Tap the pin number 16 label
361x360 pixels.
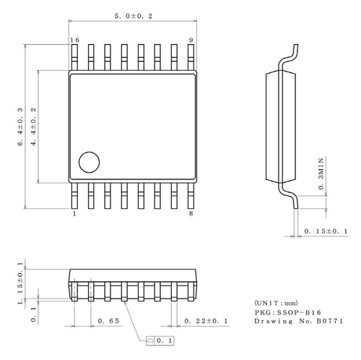click(x=74, y=40)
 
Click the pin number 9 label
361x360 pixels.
click(x=191, y=40)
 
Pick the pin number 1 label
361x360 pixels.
click(x=74, y=214)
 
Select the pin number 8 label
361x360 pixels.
click(x=191, y=214)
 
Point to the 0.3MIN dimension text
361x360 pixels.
click(x=321, y=173)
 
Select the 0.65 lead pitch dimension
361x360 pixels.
click(x=109, y=320)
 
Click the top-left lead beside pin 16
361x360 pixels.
click(x=75, y=56)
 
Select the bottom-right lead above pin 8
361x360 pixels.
click(x=190, y=196)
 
